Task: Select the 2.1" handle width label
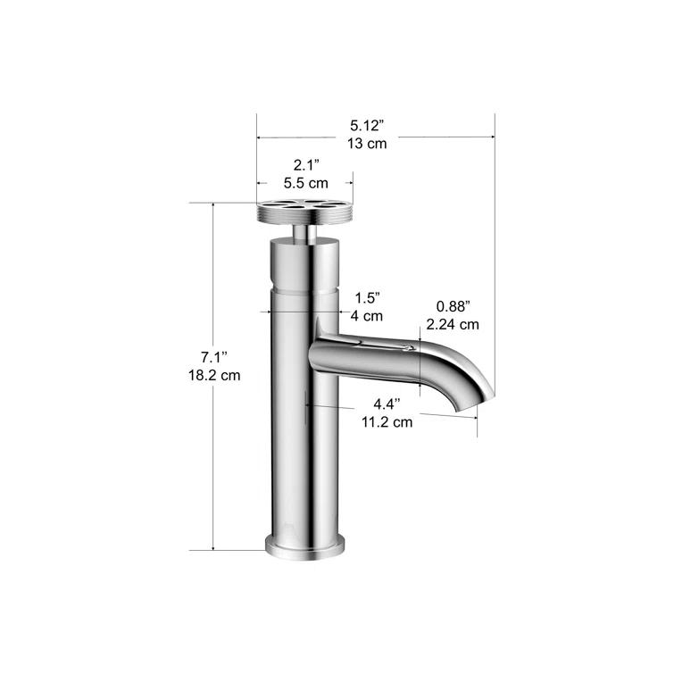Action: [305, 165]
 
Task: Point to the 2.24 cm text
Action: [453, 324]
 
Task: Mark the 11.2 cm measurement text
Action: [387, 422]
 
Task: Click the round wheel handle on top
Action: [304, 212]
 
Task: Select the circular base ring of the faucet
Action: [304, 545]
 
